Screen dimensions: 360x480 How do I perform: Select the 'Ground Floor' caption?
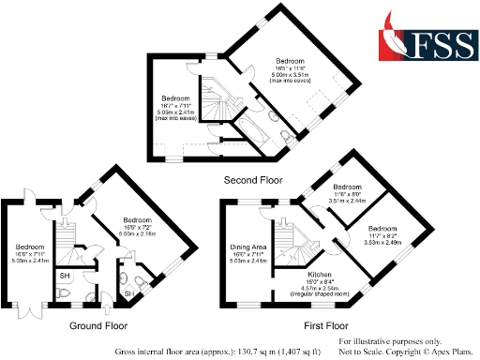pyautogui.click(x=97, y=326)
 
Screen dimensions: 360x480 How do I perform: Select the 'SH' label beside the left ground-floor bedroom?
pyautogui.click(x=65, y=276)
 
